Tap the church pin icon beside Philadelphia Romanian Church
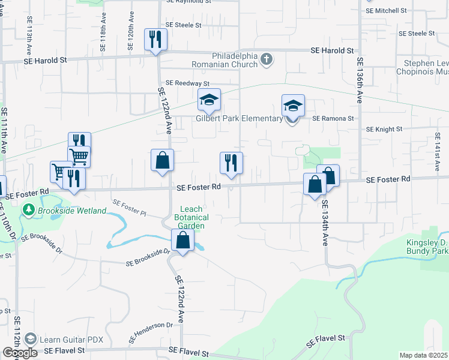click(x=267, y=59)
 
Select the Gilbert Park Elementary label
click(x=238, y=118)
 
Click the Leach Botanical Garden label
click(x=191, y=217)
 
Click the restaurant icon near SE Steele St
click(x=155, y=40)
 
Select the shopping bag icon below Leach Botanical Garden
click(x=183, y=241)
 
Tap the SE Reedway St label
click(x=187, y=83)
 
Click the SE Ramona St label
click(x=333, y=118)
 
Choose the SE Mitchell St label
click(x=386, y=11)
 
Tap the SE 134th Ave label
click(x=325, y=222)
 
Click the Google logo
click(x=20, y=353)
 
